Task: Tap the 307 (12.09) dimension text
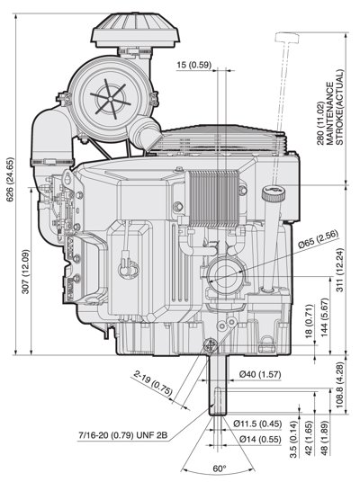click(x=26, y=272)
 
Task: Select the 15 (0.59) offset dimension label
click(x=194, y=65)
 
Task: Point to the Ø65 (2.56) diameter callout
click(x=319, y=239)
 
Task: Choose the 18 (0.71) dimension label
click(x=309, y=322)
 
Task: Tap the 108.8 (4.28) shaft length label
click(x=339, y=385)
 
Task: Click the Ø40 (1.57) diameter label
click(x=260, y=374)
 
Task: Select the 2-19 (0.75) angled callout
click(x=153, y=382)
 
